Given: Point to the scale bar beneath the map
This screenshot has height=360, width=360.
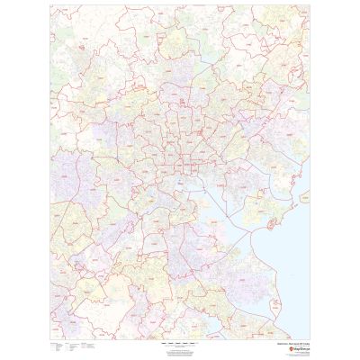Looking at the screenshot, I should pyautogui.click(x=179, y=343).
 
